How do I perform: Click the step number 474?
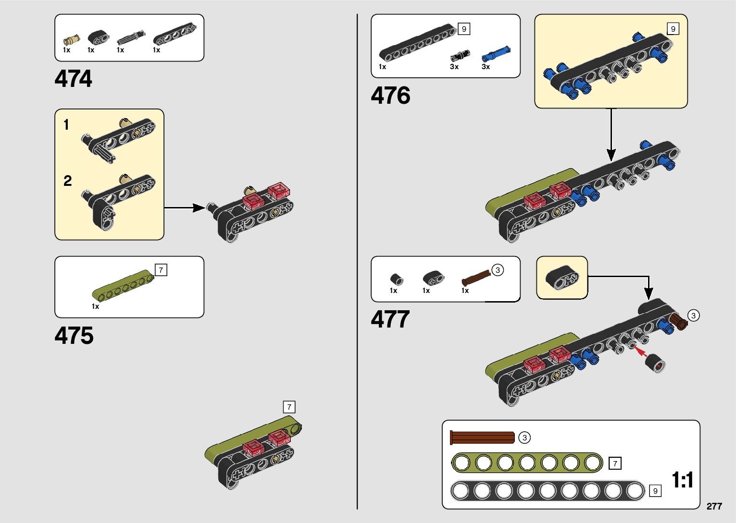[x=73, y=79]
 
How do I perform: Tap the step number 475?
[x=74, y=336]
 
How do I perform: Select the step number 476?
[x=390, y=96]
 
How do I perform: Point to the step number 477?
[x=390, y=319]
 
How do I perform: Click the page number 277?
[x=714, y=506]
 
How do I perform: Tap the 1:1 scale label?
[x=682, y=480]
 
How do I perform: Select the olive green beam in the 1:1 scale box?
[x=527, y=463]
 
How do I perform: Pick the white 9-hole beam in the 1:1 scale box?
[x=547, y=491]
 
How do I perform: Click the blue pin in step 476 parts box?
[x=496, y=54]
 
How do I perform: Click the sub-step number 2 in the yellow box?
[x=68, y=181]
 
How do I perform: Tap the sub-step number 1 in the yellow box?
[x=66, y=125]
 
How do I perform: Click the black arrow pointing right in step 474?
[x=185, y=208]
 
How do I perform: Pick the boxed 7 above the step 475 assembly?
[x=289, y=407]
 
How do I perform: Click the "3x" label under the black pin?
[x=454, y=67]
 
